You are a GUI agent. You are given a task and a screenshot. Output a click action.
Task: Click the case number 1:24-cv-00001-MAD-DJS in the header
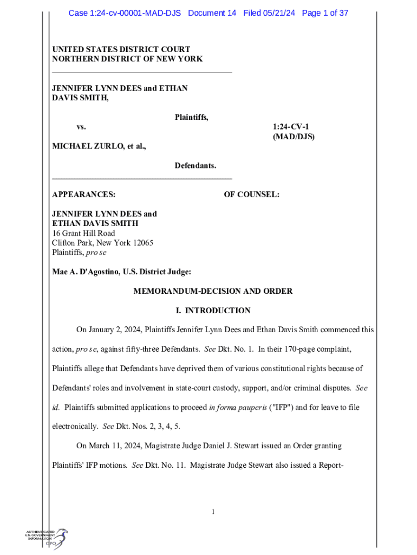click(x=125, y=13)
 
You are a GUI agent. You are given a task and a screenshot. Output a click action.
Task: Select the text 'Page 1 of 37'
click(x=325, y=13)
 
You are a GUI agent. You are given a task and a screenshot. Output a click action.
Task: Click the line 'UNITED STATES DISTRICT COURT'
click(x=121, y=49)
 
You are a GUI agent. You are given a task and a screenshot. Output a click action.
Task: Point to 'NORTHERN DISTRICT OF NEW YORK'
click(x=127, y=59)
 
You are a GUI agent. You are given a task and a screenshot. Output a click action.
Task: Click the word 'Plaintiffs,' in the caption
click(x=191, y=117)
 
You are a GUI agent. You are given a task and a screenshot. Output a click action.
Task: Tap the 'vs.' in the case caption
click(x=81, y=127)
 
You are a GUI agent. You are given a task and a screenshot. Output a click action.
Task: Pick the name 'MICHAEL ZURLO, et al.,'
click(x=99, y=146)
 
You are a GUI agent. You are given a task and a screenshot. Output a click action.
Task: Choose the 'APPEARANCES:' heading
click(x=83, y=194)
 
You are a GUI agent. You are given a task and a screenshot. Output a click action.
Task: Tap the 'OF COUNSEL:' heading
click(x=251, y=194)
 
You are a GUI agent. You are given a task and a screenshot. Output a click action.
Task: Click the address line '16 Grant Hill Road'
click(x=83, y=233)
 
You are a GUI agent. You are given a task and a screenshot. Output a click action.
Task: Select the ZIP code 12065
click(x=142, y=243)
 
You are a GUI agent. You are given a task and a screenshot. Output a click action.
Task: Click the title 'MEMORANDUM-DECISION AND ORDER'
click(x=213, y=291)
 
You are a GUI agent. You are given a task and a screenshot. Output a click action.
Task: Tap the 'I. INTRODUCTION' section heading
click(x=213, y=311)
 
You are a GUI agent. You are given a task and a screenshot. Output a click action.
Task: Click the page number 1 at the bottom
click(x=214, y=512)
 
